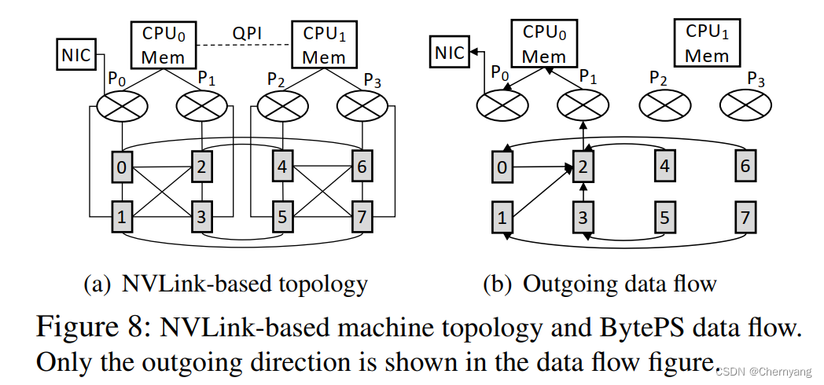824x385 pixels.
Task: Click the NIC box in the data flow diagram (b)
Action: [x=450, y=53]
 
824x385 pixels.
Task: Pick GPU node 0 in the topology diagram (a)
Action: [x=121, y=167]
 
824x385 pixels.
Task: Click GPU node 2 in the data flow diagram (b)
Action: [x=583, y=167]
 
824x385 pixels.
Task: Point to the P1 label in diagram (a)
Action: [x=207, y=79]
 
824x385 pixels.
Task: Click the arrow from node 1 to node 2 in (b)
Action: [x=543, y=193]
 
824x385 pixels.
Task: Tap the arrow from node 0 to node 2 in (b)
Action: [x=543, y=167]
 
